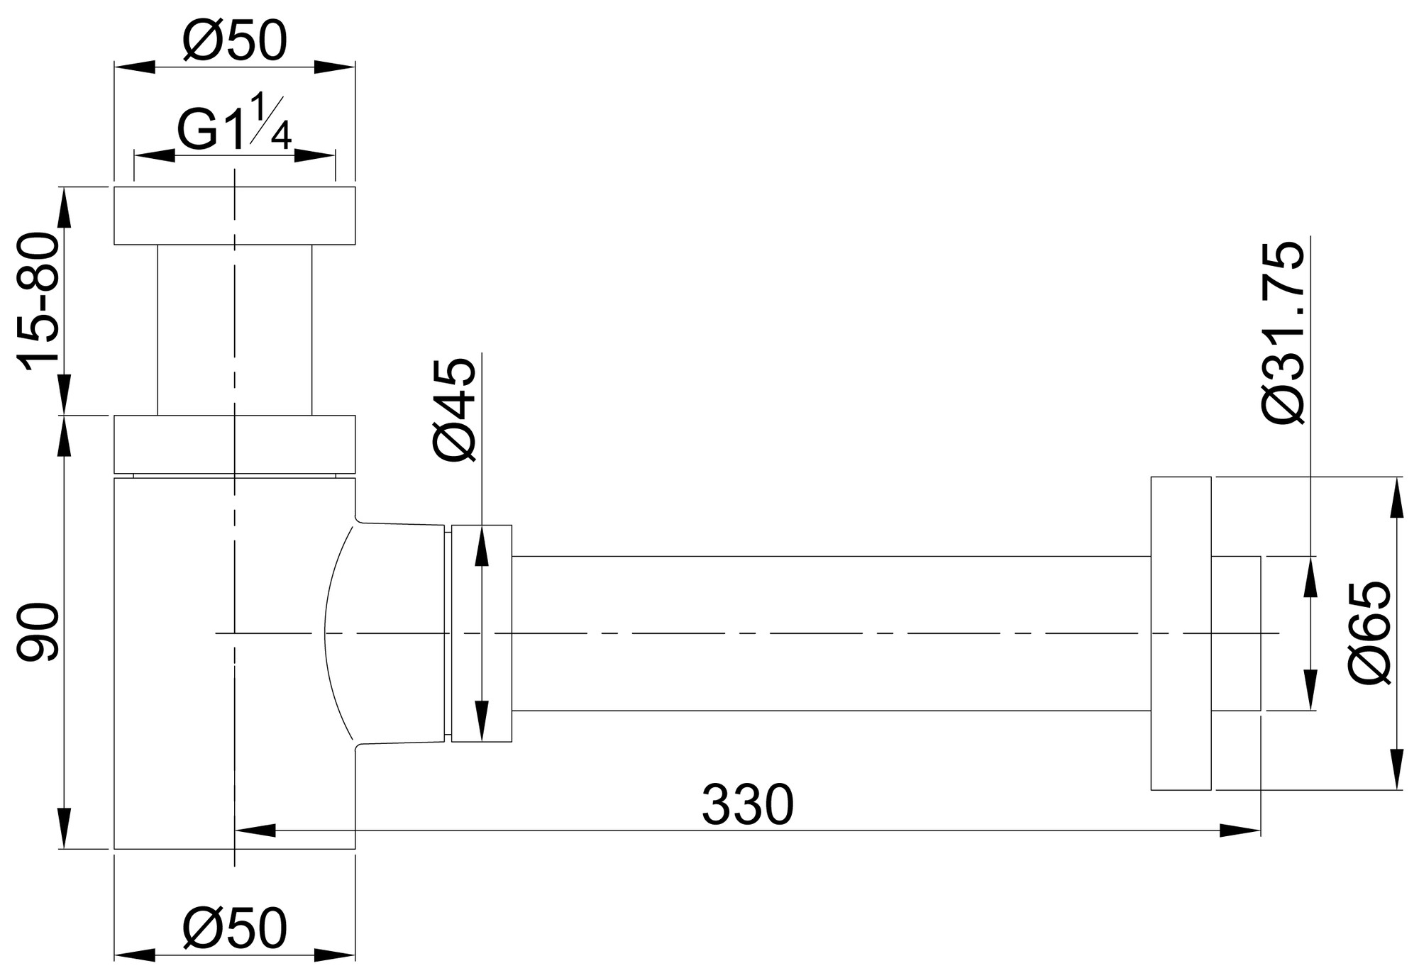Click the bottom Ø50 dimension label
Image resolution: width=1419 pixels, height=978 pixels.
234,929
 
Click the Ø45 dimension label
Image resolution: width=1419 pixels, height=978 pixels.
454,410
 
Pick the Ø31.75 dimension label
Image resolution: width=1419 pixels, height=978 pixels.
1283,333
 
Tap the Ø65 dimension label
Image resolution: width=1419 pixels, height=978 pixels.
1370,633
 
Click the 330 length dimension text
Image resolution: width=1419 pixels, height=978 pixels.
747,806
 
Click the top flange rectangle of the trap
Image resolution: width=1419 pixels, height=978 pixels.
234,216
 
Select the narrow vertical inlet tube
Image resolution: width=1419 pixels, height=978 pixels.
234,330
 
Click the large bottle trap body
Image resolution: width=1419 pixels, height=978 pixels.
177,663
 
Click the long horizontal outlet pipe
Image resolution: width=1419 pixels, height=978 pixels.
830,633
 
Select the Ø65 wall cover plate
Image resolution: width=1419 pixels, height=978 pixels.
1180,633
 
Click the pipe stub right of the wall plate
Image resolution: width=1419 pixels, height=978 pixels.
1235,633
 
